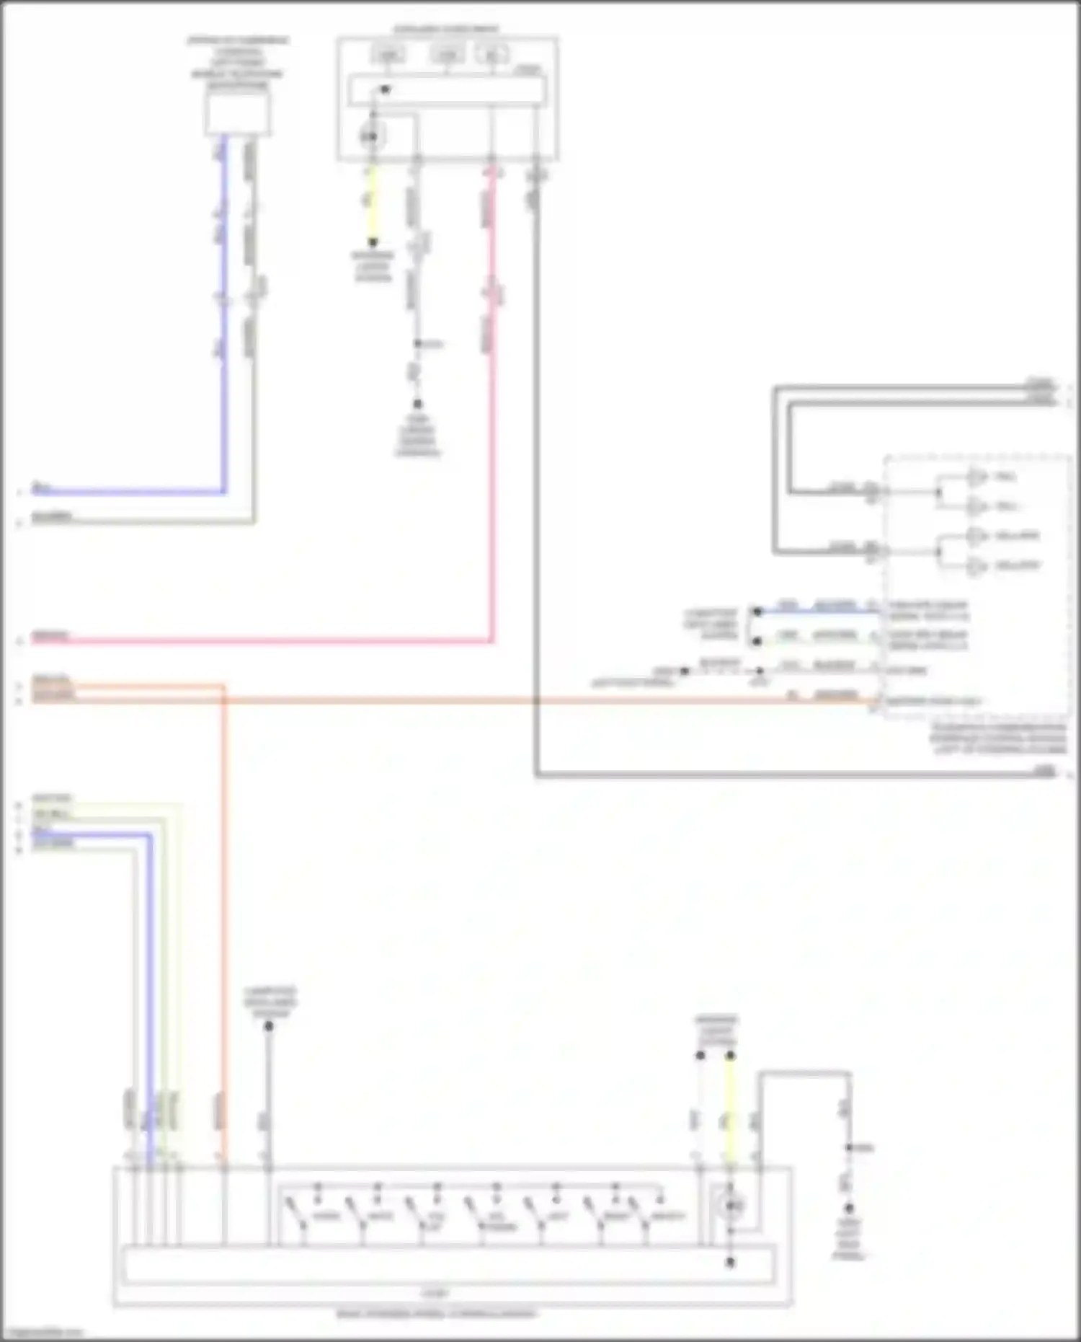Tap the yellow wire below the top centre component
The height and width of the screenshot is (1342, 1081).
pyautogui.click(x=372, y=206)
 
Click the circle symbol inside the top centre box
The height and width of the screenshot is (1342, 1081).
pyautogui.click(x=373, y=136)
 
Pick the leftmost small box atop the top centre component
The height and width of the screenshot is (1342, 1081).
pyautogui.click(x=388, y=54)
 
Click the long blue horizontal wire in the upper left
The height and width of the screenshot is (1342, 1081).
pyautogui.click(x=130, y=493)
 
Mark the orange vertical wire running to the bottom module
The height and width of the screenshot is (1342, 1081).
pyautogui.click(x=223, y=901)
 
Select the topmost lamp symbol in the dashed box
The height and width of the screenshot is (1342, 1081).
pyautogui.click(x=977, y=477)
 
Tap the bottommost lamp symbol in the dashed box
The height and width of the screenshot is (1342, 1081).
pyautogui.click(x=977, y=566)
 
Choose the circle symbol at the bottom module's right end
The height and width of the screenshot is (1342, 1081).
pyautogui.click(x=731, y=1204)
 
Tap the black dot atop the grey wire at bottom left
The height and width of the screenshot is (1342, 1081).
pyautogui.click(x=268, y=1025)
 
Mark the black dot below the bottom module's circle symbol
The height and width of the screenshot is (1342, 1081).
pyautogui.click(x=730, y=1262)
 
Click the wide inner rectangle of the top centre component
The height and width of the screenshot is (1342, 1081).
pyautogui.click(x=447, y=90)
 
